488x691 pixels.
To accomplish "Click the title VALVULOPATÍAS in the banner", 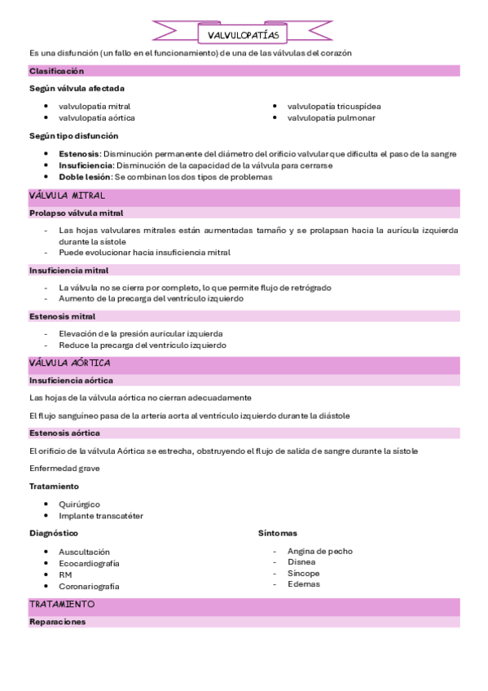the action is pyautogui.click(x=244, y=35).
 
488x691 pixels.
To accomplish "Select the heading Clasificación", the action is pyautogui.click(x=56, y=71).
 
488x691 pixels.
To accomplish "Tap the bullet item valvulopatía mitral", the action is pyautogui.click(x=95, y=106).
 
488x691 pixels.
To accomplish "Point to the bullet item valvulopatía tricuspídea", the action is pyautogui.click(x=334, y=106).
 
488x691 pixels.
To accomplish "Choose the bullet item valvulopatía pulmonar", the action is pyautogui.click(x=331, y=117).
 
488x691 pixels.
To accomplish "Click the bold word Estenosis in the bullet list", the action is pyautogui.click(x=80, y=153).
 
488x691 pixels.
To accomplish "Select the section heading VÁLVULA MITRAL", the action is pyautogui.click(x=67, y=196).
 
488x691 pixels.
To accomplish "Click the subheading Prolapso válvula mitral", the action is pyautogui.click(x=76, y=213).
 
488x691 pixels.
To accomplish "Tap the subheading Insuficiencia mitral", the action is pyautogui.click(x=68, y=270).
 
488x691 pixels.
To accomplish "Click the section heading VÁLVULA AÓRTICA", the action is pyautogui.click(x=69, y=363).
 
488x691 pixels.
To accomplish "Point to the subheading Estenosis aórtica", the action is pyautogui.click(x=64, y=433).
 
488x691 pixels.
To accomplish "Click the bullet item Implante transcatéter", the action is pyautogui.click(x=101, y=515).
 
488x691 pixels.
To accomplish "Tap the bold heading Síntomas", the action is pyautogui.click(x=278, y=532).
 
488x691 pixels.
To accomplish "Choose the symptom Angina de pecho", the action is pyautogui.click(x=320, y=551).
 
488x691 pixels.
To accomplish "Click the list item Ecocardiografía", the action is pyautogui.click(x=89, y=563).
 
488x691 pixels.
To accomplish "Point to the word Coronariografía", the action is pyautogui.click(x=90, y=586).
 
